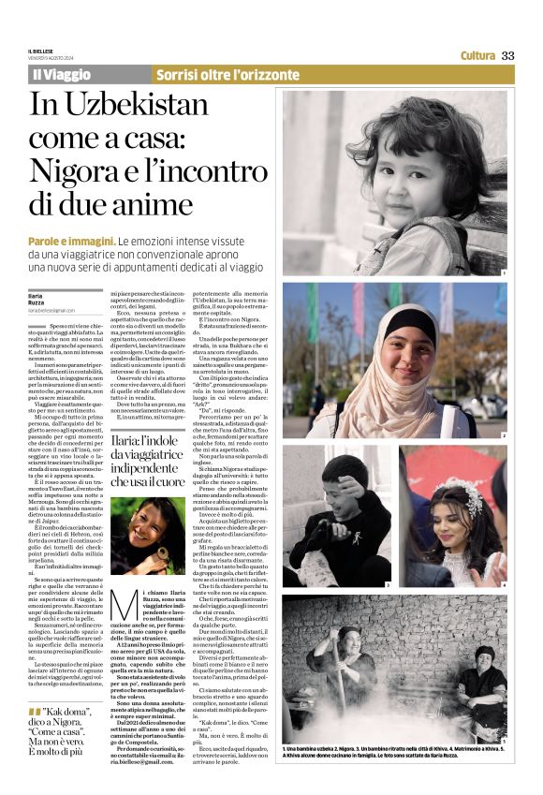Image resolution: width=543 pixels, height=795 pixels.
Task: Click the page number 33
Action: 508,55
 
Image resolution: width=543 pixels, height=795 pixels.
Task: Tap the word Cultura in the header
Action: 477,55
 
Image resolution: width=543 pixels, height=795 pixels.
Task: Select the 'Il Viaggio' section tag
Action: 63,74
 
